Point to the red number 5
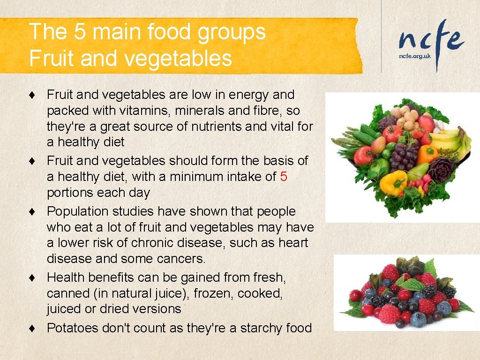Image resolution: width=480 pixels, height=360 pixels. [x=284, y=177]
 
